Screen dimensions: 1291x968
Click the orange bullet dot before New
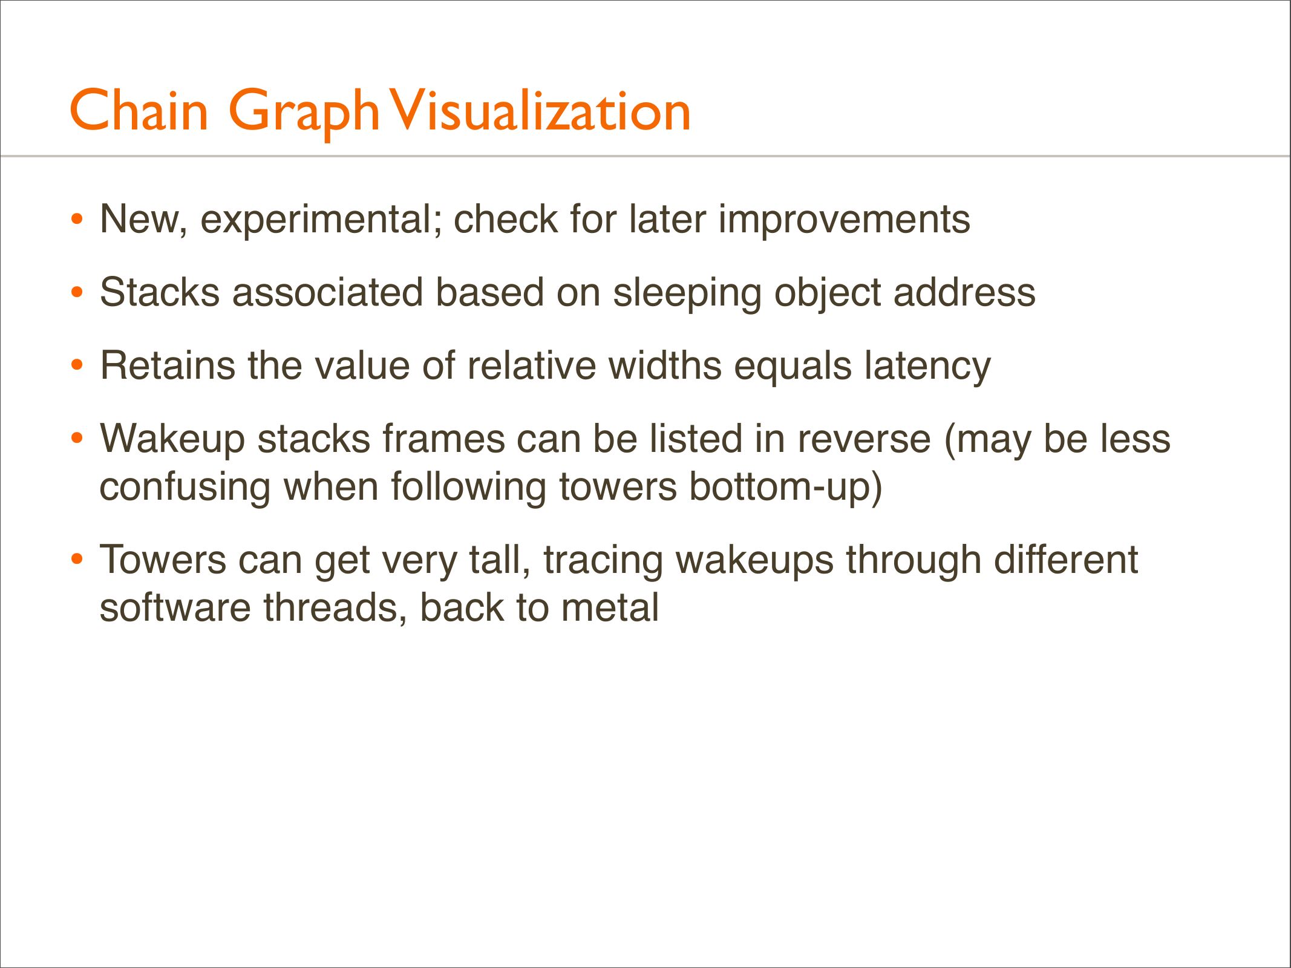coord(76,220)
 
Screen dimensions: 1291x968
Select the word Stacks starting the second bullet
coord(160,292)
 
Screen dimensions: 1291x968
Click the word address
coord(964,292)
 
